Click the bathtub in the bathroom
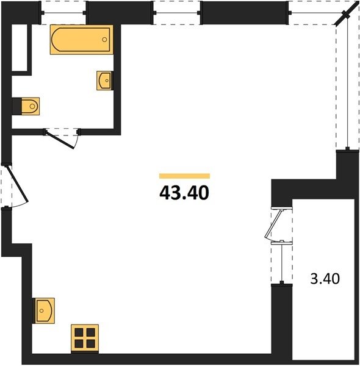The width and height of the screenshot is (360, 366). (82, 40)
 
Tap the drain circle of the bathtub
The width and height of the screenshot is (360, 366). (104, 40)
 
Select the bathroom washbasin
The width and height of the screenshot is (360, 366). (104, 81)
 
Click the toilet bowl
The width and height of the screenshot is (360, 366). (31, 106)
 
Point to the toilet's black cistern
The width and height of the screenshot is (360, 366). (16, 106)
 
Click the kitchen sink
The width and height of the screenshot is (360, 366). (45, 310)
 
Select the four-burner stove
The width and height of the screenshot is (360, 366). (85, 338)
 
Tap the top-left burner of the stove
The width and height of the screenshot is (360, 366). (79, 332)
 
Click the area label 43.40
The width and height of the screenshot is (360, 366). (184, 193)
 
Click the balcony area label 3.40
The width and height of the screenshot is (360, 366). (325, 279)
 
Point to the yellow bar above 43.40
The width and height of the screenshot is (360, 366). (184, 176)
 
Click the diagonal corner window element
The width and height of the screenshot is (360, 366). (347, 15)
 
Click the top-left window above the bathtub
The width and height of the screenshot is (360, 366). (63, 13)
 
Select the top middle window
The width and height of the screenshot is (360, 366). (176, 13)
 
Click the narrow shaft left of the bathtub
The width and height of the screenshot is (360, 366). (20, 48)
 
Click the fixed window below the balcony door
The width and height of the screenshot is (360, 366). (282, 262)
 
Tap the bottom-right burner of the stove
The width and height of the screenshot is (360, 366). (90, 344)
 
